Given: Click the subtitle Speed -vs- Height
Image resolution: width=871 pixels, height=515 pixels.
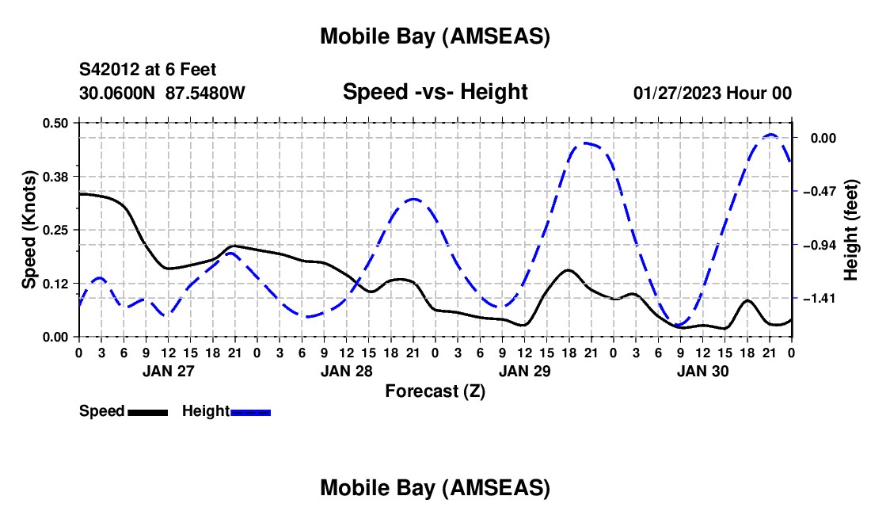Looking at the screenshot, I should click(435, 93).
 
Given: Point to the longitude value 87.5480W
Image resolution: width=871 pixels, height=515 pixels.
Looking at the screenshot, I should click(205, 93).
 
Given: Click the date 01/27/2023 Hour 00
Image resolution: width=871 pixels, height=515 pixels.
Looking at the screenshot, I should click(713, 93).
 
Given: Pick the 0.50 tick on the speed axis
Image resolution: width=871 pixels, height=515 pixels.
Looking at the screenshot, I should click(56, 123).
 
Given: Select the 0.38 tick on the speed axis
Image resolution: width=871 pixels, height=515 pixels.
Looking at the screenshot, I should click(56, 176).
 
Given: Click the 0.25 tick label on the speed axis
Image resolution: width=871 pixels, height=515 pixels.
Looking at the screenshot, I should click(56, 230).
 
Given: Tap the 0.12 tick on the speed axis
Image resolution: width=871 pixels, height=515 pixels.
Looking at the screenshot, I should click(56, 284).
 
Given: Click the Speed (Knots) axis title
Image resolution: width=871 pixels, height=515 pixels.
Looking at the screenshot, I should click(29, 230).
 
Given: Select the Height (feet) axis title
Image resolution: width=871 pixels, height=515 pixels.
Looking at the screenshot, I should click(851, 230).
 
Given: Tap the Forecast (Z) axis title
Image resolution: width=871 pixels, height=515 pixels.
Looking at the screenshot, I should click(435, 391).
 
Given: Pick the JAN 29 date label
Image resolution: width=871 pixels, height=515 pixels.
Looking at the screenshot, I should click(524, 371).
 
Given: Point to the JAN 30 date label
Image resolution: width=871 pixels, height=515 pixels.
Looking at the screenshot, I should click(702, 371).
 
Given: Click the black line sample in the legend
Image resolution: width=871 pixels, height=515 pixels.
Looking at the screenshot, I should click(147, 412).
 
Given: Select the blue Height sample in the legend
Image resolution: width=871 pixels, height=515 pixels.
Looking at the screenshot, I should click(250, 412).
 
